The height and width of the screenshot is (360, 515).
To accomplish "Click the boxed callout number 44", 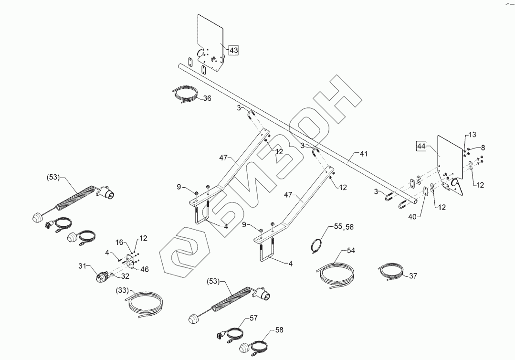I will pos(421,147).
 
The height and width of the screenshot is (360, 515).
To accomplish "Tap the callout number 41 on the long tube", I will pos(364,154).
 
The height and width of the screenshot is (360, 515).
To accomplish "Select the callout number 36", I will pos(207,98).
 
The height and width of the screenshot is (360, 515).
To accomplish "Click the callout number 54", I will pos(351,250).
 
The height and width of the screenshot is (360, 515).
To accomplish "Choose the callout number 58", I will pos(279,330).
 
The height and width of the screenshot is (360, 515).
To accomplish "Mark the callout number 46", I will pos(144,269).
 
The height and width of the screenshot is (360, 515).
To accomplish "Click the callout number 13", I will pos(472,135).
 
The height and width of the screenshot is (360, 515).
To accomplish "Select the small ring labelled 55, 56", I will pos(317,244).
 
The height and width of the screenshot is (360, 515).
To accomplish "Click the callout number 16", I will pos(119,243).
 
